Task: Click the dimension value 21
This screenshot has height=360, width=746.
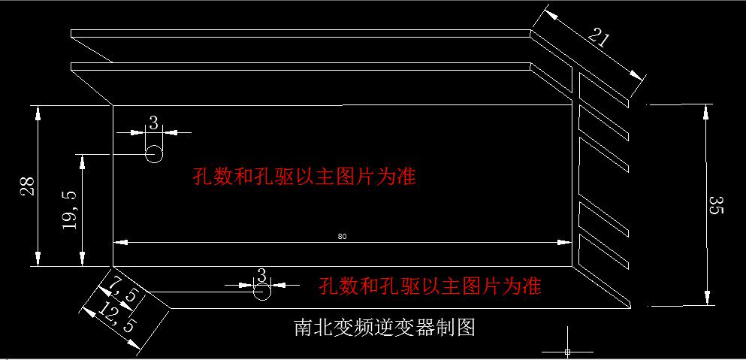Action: pyautogui.click(x=599, y=38)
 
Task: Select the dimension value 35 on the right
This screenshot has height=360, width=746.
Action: pyautogui.click(x=716, y=204)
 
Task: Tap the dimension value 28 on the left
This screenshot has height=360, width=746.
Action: pyautogui.click(x=27, y=186)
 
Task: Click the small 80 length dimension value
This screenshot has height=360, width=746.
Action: pyautogui.click(x=342, y=236)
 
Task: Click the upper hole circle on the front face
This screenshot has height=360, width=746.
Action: pyautogui.click(x=154, y=154)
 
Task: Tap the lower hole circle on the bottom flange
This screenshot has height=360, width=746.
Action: pyautogui.click(x=261, y=292)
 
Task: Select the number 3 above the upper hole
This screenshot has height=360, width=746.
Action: pyautogui.click(x=153, y=123)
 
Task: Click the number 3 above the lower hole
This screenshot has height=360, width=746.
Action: pyautogui.click(x=261, y=276)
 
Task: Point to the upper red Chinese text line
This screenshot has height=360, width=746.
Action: pyautogui.click(x=304, y=177)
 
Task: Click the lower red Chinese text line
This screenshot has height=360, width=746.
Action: pyautogui.click(x=430, y=286)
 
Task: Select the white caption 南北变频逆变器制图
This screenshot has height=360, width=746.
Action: pyautogui.click(x=385, y=328)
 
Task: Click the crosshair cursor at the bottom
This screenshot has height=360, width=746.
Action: pyautogui.click(x=567, y=351)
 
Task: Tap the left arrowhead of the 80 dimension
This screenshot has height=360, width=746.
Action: pyautogui.click(x=120, y=242)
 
